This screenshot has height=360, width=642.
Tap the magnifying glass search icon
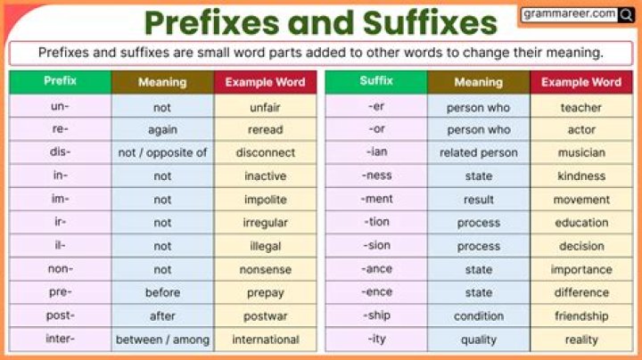click(x=627, y=14)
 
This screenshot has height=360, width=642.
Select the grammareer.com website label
click(x=570, y=14)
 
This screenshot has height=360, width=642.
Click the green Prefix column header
click(x=60, y=81)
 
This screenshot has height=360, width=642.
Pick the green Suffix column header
click(x=375, y=81)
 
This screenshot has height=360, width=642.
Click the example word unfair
click(x=265, y=107)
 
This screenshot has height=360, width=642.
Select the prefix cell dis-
click(x=60, y=152)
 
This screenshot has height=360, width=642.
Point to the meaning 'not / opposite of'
click(x=162, y=152)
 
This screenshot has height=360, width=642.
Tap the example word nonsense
click(x=265, y=269)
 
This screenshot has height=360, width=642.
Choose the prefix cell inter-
click(x=60, y=339)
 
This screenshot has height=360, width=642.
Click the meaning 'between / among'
click(x=162, y=340)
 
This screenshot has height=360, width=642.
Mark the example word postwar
click(x=265, y=315)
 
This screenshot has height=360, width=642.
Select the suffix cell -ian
click(x=375, y=152)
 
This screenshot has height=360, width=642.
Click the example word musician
click(x=581, y=152)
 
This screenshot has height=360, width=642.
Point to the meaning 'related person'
click(x=478, y=152)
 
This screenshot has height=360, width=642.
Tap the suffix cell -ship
click(x=375, y=315)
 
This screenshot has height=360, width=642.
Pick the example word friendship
click(x=581, y=315)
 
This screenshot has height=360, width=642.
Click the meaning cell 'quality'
click(x=478, y=340)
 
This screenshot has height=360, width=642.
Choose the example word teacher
click(x=581, y=107)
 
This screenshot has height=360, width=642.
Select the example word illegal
click(x=265, y=246)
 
